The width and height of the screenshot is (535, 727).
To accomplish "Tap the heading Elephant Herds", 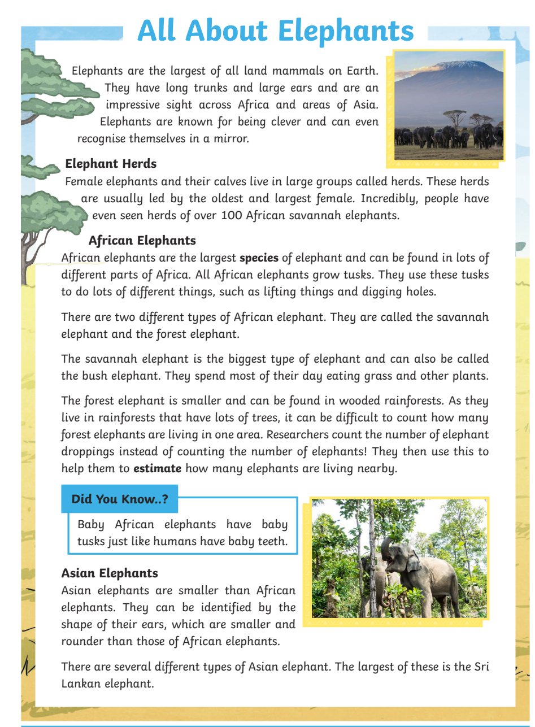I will tap(111, 164).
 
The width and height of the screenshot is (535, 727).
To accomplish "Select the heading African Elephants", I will tap(142, 240).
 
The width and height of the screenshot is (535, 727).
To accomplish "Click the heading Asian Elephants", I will tap(110, 573).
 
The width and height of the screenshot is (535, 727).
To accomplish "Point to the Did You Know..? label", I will tap(120, 499).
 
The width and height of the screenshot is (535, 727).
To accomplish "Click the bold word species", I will tap(259, 258).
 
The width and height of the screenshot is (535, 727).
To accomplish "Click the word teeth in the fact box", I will tap(273, 541).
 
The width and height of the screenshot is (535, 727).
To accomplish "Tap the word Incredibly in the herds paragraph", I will tap(390, 199).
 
